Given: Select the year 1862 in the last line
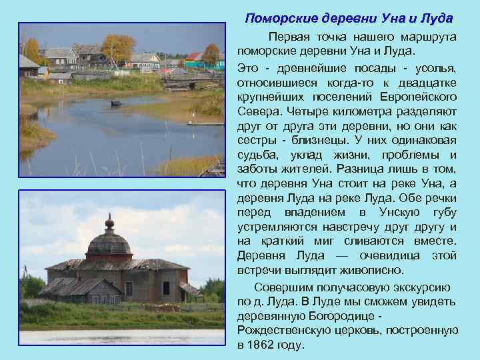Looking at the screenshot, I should pyautogui.click(x=262, y=345).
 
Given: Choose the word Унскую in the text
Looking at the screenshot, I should pyautogui.click(x=401, y=213).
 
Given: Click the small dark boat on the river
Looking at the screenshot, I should pyautogui.click(x=116, y=103).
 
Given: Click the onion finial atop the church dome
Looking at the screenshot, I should pyautogui.click(x=109, y=221).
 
